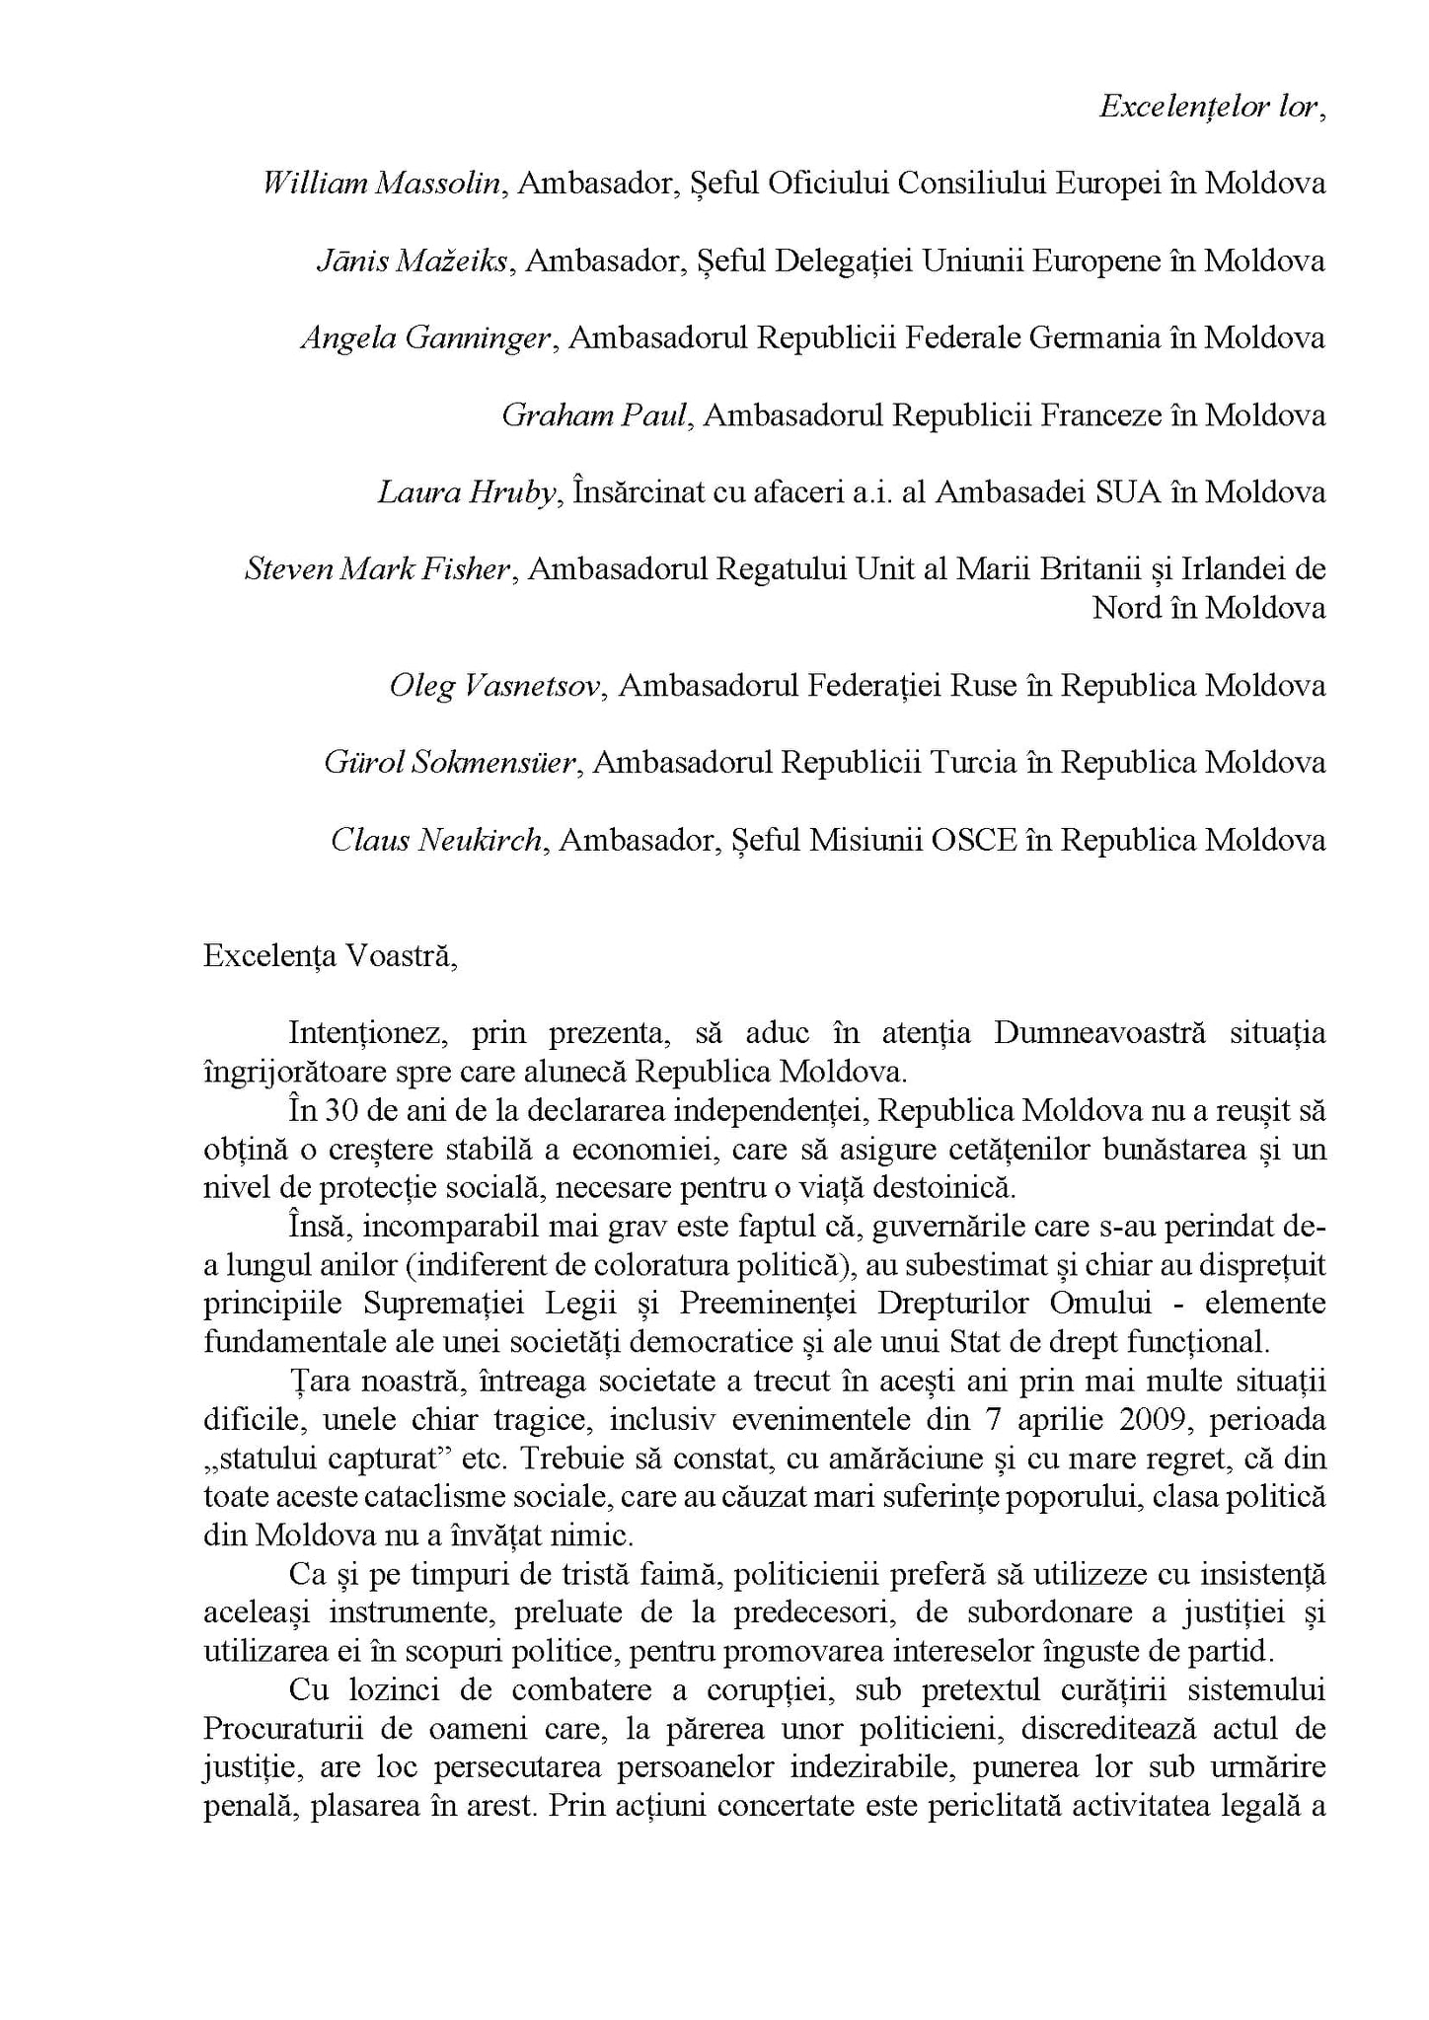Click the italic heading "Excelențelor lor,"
pyautogui.click(x=1212, y=107)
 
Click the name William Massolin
pyautogui.click(x=381, y=184)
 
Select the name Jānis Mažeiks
pyautogui.click(x=413, y=261)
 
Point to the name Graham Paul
pyautogui.click(x=594, y=414)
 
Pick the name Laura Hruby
pyautogui.click(x=468, y=491)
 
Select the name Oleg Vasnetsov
pyautogui.click(x=494, y=685)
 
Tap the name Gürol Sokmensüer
pyautogui.click(x=450, y=762)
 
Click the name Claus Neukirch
pyautogui.click(x=436, y=839)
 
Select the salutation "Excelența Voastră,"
pyautogui.click(x=330, y=956)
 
